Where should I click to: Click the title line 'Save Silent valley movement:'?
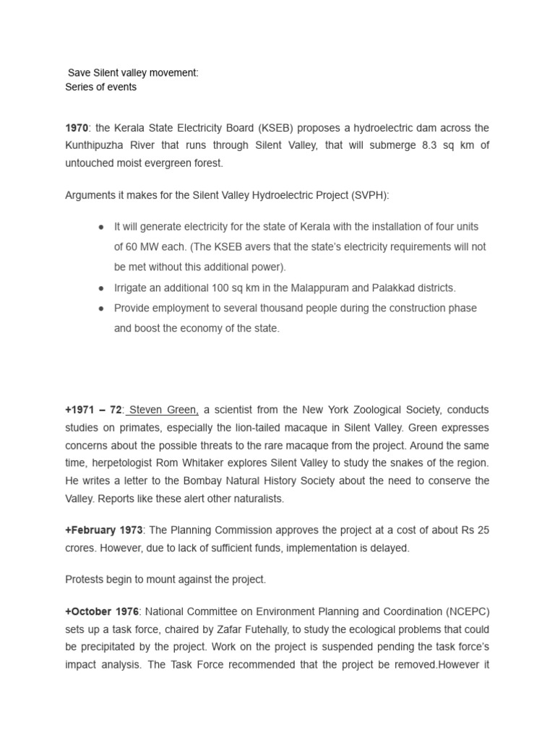pyautogui.click(x=133, y=73)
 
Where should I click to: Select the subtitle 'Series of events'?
pyautogui.click(x=100, y=87)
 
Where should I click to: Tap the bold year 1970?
pyautogui.click(x=77, y=128)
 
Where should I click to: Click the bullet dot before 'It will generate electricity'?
pyautogui.click(x=102, y=227)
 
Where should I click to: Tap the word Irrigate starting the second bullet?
pyautogui.click(x=133, y=288)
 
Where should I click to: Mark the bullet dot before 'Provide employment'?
pyautogui.click(x=102, y=308)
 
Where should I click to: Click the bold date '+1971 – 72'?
pyautogui.click(x=94, y=410)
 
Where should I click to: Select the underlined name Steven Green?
pyautogui.click(x=163, y=410)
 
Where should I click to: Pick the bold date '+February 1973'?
pyautogui.click(x=104, y=530)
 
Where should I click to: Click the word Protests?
pyautogui.click(x=85, y=580)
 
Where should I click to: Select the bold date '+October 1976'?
pyautogui.click(x=100, y=611)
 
